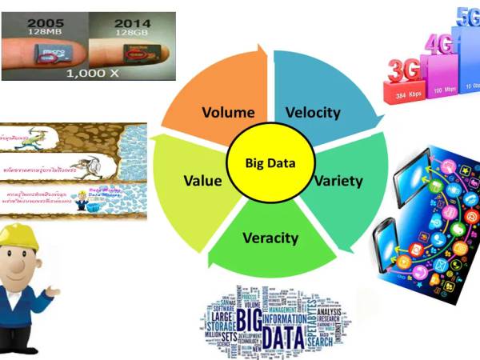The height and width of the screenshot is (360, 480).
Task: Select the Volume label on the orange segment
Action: (228, 112)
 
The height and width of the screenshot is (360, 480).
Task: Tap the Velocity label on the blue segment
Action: (312, 112)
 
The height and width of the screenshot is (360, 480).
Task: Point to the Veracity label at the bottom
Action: (270, 238)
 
